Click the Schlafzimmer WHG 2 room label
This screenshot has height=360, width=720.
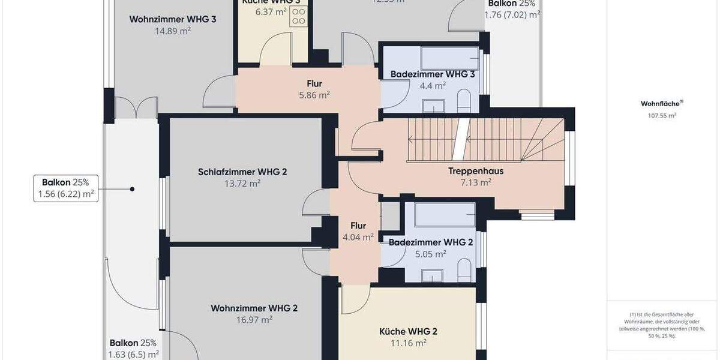tap(242, 172)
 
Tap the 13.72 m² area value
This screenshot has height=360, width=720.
tap(242, 184)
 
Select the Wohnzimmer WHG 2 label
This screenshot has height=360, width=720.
tap(254, 308)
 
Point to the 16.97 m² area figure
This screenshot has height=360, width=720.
tap(254, 320)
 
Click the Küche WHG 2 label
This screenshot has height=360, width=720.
tap(408, 331)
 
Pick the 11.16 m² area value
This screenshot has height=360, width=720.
tap(408, 343)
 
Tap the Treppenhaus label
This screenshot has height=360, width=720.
tap(476, 171)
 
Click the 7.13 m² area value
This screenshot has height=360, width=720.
tap(476, 182)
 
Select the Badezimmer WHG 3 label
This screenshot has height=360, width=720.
tap(433, 74)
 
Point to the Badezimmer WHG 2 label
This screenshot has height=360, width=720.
tap(431, 242)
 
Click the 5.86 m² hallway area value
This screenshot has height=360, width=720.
tap(314, 95)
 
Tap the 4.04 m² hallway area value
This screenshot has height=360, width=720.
tap(358, 236)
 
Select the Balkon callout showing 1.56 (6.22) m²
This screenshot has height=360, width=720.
tap(65, 188)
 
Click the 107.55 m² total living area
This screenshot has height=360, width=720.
tap(658, 116)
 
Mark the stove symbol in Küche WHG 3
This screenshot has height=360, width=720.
tap(298, 17)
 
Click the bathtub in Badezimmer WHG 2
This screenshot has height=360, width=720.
tap(445, 214)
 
